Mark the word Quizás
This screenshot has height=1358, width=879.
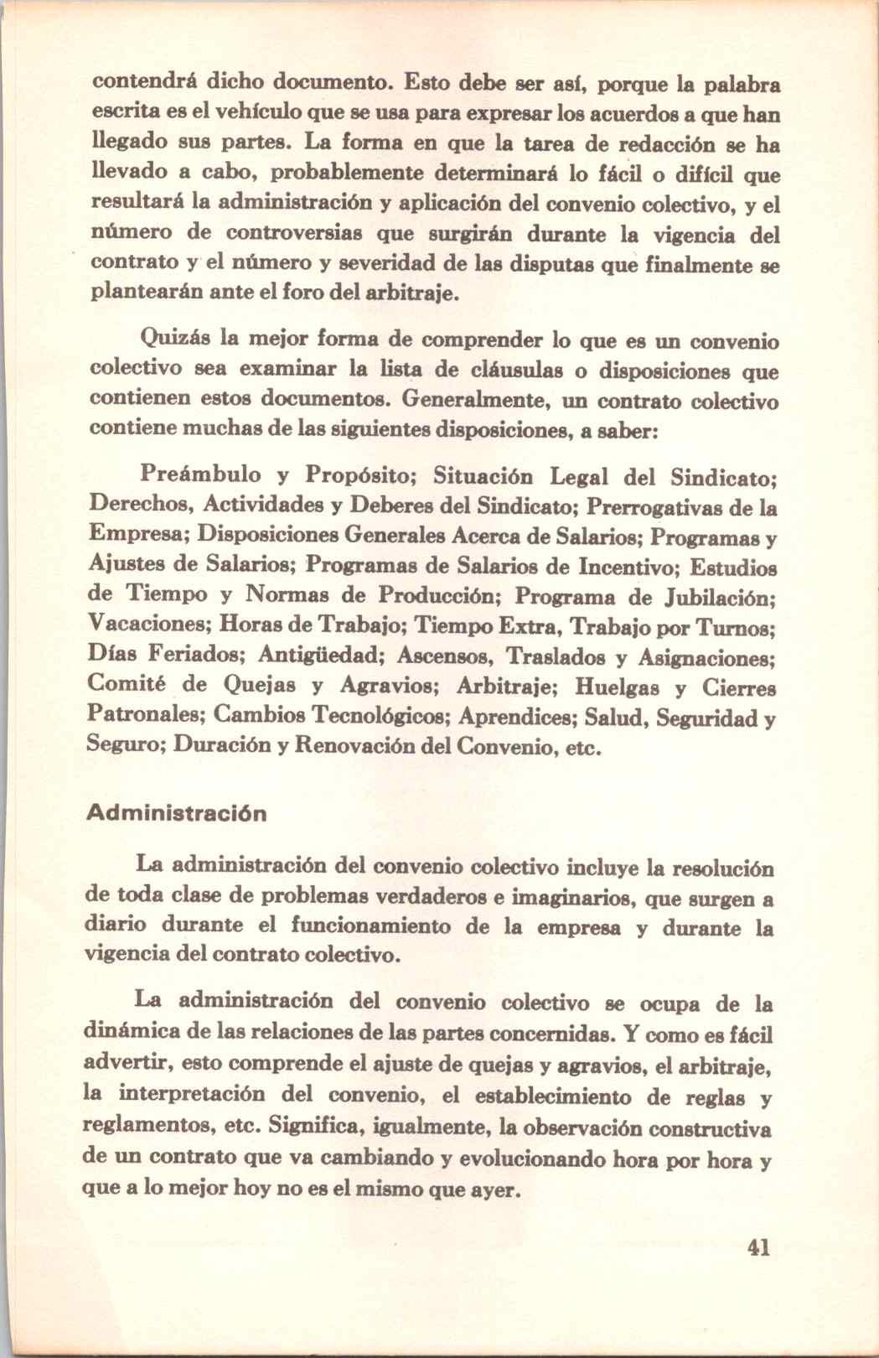click(173, 340)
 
